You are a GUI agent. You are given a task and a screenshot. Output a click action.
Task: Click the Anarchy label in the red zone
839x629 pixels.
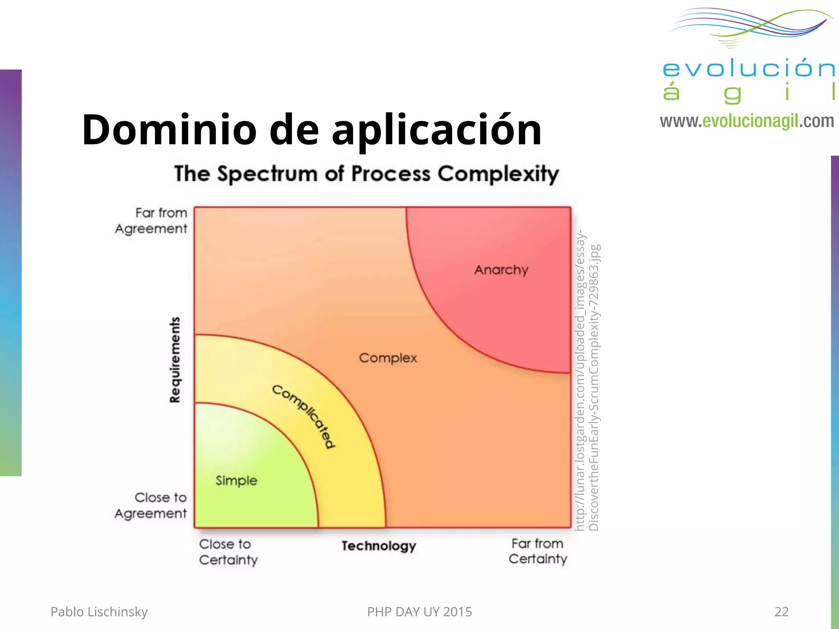pos(501,270)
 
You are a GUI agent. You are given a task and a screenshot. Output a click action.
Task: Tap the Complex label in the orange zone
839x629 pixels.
pos(388,358)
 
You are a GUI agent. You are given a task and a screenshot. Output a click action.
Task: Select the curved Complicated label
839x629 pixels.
pos(304,416)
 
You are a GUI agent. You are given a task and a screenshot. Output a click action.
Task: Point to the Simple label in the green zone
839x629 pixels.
pos(236,480)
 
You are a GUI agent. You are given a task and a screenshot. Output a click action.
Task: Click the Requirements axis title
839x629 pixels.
pos(175,360)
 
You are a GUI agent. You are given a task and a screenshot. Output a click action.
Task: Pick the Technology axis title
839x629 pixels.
pos(379,546)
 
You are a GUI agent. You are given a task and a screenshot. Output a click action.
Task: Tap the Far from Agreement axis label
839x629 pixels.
pos(152,221)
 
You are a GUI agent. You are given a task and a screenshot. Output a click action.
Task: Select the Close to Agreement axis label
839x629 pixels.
pos(151,505)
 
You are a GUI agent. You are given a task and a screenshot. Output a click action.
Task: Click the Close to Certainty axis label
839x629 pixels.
pos(228,552)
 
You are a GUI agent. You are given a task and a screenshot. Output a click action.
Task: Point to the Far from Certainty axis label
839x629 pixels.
pos(538,551)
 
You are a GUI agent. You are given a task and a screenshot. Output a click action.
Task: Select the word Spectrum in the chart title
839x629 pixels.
pos(267,174)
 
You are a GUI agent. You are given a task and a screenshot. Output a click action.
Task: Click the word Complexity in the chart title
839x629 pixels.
pos(498,174)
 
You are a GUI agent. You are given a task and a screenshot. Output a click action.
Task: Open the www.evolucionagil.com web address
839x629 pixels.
pos(746,121)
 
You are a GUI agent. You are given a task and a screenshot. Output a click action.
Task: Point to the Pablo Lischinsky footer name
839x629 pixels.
pos(99,612)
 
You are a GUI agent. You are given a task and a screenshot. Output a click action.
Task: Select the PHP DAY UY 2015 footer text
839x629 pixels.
pos(419,612)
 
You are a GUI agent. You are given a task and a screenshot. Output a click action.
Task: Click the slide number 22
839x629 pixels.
pos(781,612)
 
